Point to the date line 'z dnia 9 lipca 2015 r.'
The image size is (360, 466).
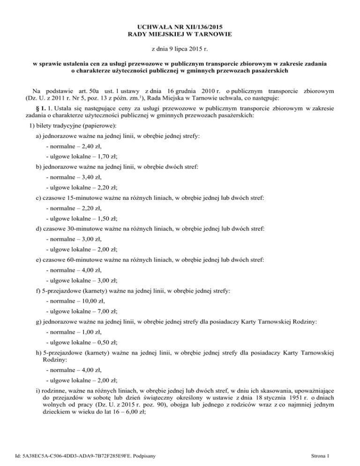pos(180,48)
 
